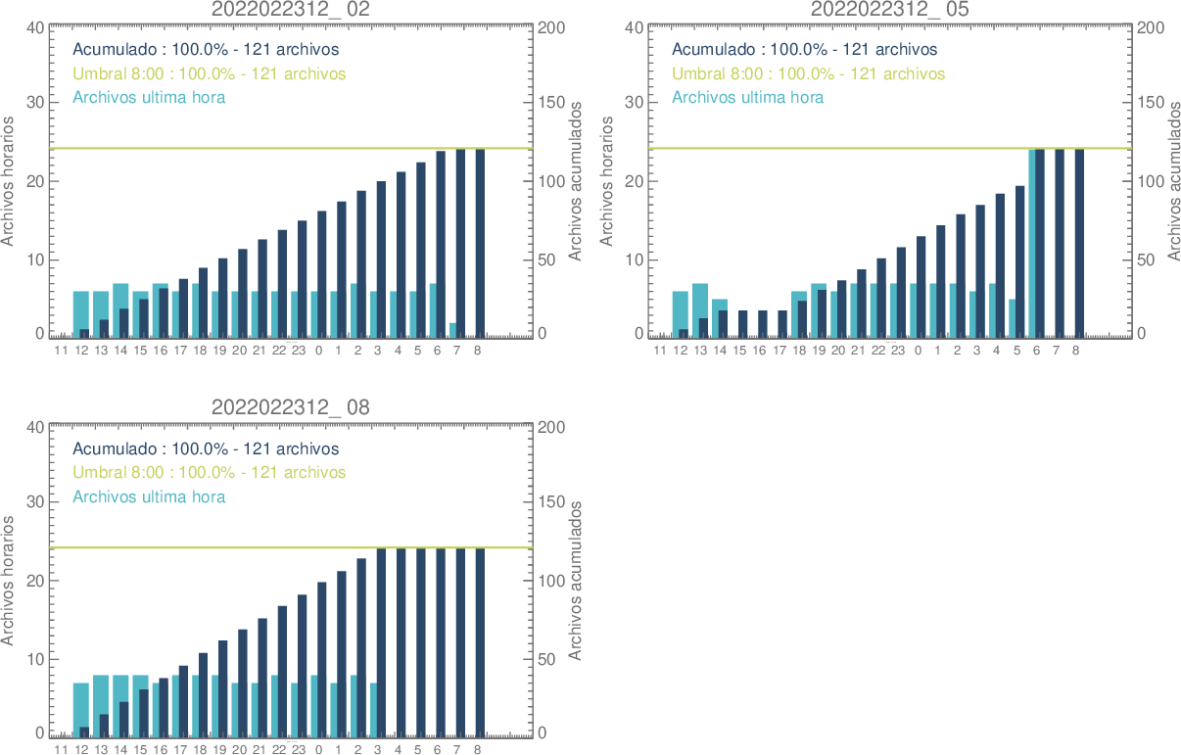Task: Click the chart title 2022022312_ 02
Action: [291, 9]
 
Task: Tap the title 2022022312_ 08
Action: [291, 407]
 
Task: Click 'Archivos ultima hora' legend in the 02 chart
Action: [149, 97]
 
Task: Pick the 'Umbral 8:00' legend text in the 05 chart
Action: [808, 73]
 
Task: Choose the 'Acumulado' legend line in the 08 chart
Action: [206, 448]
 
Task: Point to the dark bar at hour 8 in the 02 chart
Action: [480, 243]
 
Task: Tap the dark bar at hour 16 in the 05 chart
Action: [763, 324]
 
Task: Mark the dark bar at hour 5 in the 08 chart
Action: [421, 641]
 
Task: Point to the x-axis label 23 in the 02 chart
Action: [299, 350]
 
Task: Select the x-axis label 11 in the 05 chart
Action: [660, 350]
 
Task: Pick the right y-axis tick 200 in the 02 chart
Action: [550, 27]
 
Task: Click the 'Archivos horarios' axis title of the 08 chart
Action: [9, 580]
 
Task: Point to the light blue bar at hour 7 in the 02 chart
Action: [453, 330]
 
